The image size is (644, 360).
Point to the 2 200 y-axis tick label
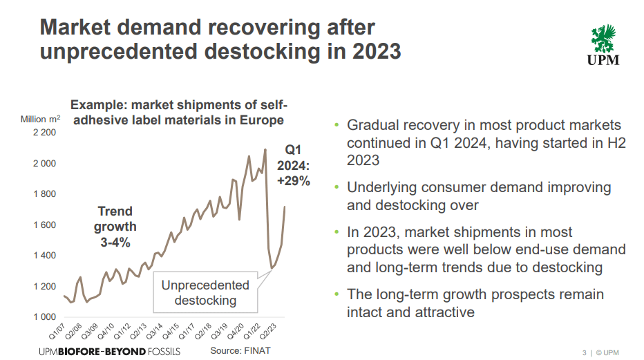[44, 132]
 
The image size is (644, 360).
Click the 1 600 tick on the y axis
[44, 225]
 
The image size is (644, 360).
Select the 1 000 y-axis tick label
[44, 316]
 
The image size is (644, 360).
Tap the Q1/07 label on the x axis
[57, 330]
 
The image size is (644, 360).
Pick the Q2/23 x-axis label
[274, 330]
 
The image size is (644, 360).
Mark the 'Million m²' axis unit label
[44, 120]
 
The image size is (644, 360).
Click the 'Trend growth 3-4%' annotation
[115, 227]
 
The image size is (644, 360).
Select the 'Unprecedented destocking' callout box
[205, 293]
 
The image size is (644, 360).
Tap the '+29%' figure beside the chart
[294, 181]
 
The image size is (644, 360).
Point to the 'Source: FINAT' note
[240, 350]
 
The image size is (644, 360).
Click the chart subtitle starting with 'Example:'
[178, 113]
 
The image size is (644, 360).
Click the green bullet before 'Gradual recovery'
[337, 126]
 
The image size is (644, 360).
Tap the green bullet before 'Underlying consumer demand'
[337, 187]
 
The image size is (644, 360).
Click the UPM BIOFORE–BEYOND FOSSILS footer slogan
[110, 351]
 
